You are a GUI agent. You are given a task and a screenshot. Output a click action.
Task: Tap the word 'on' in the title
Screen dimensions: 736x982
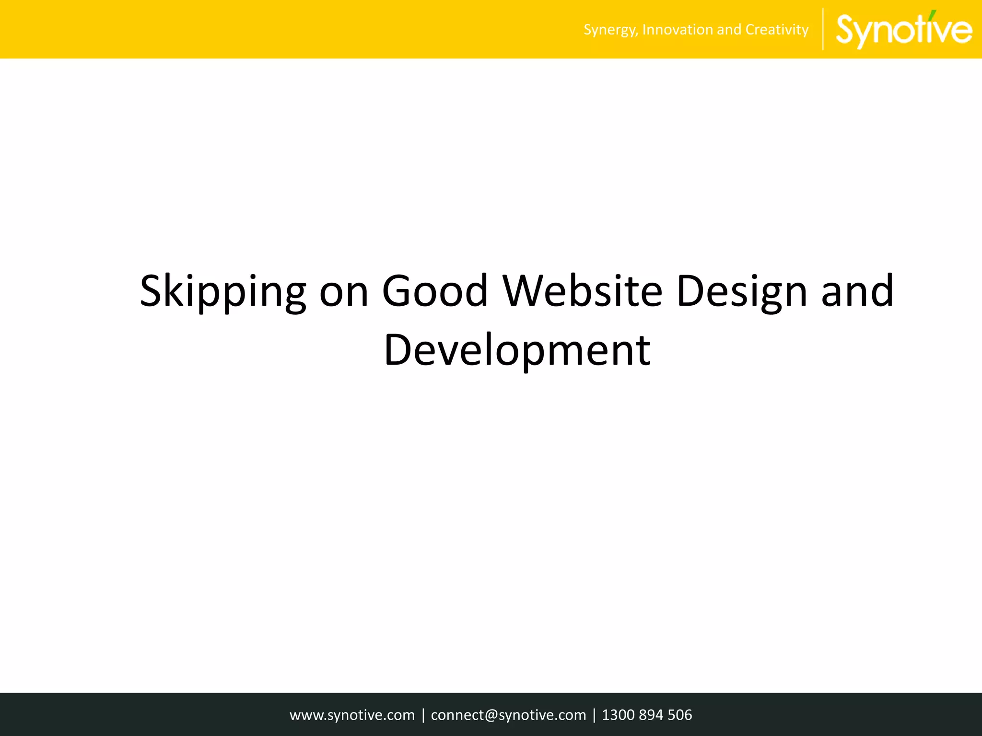pyautogui.click(x=344, y=292)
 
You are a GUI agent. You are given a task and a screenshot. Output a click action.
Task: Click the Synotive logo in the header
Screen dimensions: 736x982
pyautogui.click(x=904, y=30)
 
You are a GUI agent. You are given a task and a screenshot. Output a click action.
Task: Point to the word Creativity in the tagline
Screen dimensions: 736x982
pyautogui.click(x=777, y=30)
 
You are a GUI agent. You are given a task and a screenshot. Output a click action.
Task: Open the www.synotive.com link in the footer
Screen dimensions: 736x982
pyautogui.click(x=352, y=715)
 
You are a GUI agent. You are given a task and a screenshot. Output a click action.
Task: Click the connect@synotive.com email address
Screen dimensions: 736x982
pyautogui.click(x=508, y=715)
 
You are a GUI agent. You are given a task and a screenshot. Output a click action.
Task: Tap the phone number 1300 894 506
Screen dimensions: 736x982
pyautogui.click(x=647, y=715)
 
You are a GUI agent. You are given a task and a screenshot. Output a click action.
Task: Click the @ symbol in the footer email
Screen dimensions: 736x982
pyautogui.click(x=491, y=715)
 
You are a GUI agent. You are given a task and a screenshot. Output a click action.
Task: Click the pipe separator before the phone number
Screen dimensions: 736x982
pyautogui.click(x=594, y=715)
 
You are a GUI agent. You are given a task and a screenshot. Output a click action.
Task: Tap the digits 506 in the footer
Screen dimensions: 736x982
pyautogui.click(x=680, y=715)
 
